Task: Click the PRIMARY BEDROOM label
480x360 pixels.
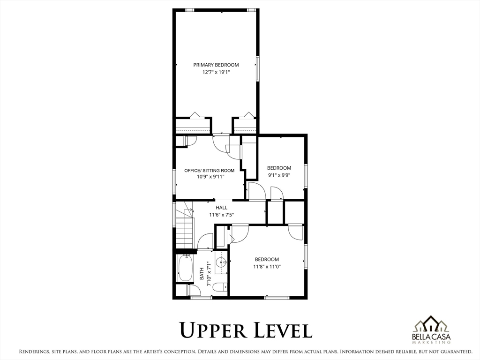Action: (x=216, y=65)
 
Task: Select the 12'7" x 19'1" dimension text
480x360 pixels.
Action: (x=216, y=73)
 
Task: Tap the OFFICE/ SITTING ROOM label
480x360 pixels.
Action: (x=210, y=171)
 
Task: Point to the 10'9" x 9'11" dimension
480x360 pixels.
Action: (x=210, y=177)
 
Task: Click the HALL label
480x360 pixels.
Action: (x=221, y=208)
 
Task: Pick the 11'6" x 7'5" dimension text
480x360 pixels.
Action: (x=222, y=215)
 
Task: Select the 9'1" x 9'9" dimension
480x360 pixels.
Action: (x=279, y=175)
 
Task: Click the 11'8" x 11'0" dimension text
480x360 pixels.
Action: (x=267, y=267)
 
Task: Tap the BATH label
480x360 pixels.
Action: (x=202, y=274)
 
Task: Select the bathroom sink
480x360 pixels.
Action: (x=221, y=262)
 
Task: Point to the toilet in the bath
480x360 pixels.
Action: (x=219, y=287)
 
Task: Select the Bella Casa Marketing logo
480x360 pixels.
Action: (x=431, y=330)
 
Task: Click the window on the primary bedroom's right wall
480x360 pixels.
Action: (x=258, y=69)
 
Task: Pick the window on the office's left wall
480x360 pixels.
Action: (x=174, y=182)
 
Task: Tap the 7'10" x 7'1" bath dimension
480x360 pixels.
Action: (x=209, y=274)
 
